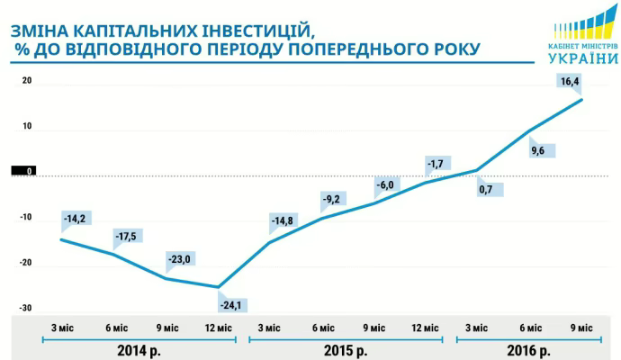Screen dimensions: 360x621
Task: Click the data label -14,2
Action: [75, 218]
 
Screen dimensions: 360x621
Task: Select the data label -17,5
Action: [127, 236]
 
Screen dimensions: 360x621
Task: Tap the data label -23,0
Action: [180, 260]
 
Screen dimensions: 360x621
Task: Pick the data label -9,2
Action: [333, 199]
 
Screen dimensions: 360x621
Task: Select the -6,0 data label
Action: [385, 185]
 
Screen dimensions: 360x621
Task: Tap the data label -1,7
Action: [436, 164]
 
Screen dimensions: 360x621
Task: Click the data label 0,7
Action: [490, 189]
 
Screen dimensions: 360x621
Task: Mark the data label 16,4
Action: [569, 82]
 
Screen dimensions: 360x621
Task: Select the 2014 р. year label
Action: [140, 349]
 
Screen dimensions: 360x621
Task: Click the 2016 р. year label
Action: [527, 349]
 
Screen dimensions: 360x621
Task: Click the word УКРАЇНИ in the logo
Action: [581, 58]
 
